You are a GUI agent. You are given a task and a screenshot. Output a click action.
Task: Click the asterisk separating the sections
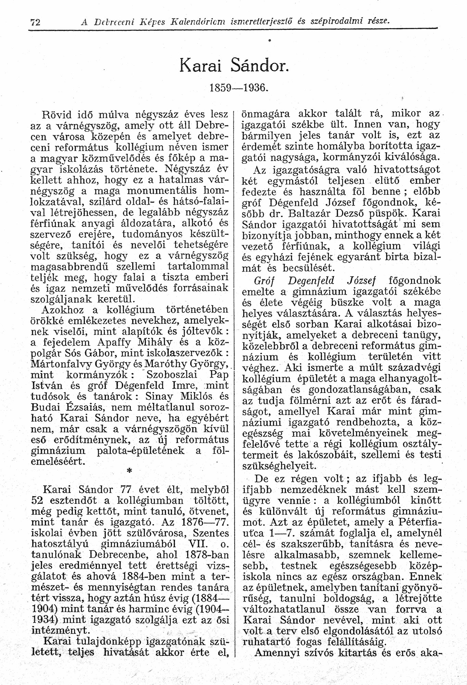click(x=129, y=472)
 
